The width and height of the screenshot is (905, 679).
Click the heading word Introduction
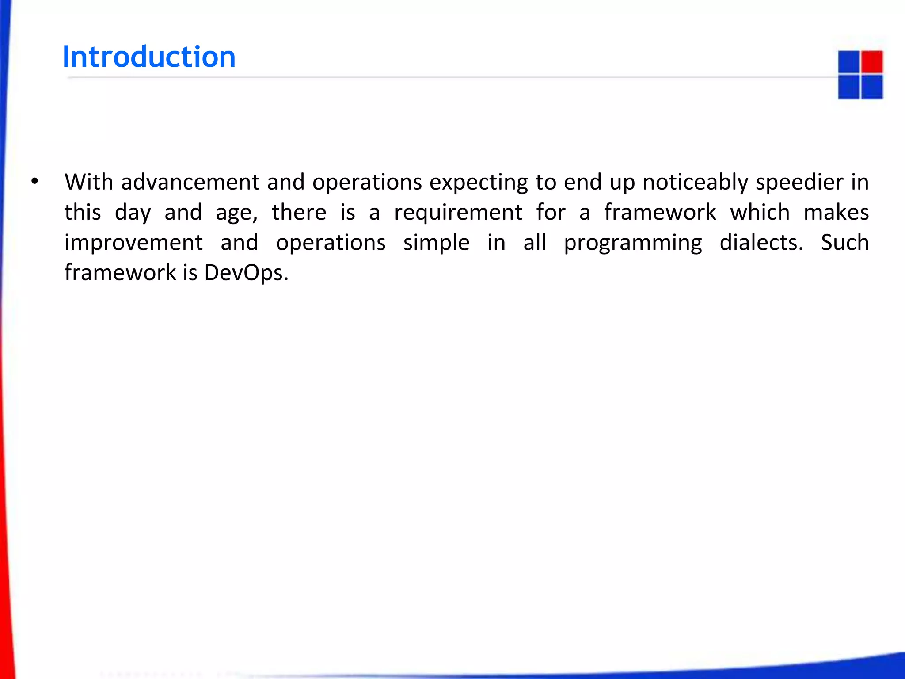(x=149, y=57)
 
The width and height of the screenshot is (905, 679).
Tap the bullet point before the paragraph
(x=35, y=182)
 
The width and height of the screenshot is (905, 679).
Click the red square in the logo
(x=871, y=62)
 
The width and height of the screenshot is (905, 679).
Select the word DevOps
(x=245, y=272)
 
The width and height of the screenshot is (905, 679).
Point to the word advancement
(x=190, y=182)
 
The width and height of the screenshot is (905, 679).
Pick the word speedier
(x=800, y=182)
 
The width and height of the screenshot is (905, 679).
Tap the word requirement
(x=458, y=212)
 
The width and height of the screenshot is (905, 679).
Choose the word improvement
(x=133, y=242)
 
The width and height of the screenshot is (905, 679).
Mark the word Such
(x=844, y=242)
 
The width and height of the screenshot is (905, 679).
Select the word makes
(x=836, y=212)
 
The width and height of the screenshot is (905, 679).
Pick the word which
(x=760, y=212)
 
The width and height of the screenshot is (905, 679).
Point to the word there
(x=299, y=212)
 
